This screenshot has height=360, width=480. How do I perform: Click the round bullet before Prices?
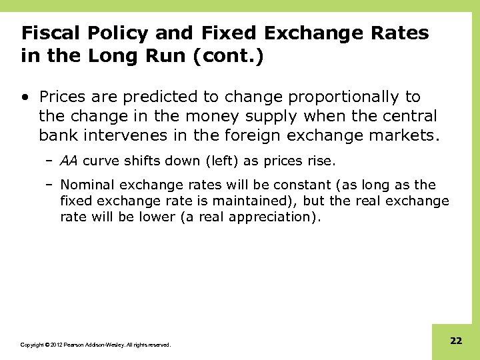tap(25, 97)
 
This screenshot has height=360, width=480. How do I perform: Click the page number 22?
tap(456, 341)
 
